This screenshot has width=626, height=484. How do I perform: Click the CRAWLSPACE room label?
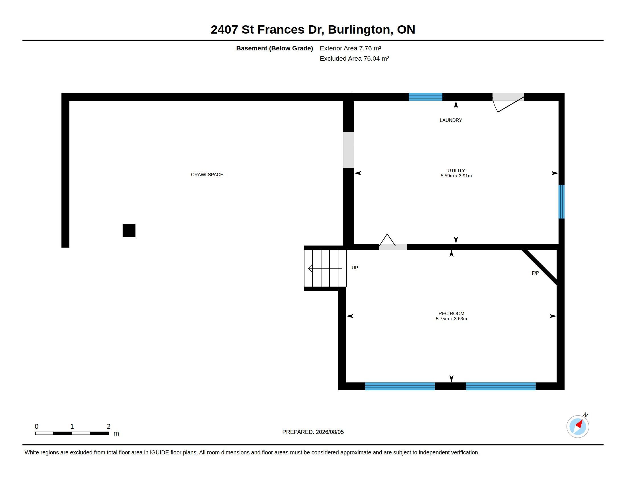pyautogui.click(x=207, y=175)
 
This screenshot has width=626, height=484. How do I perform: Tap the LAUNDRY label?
pyautogui.click(x=451, y=120)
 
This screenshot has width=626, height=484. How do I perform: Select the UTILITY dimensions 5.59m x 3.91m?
pyautogui.click(x=456, y=176)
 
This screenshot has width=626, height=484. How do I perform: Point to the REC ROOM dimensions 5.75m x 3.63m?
pyautogui.click(x=451, y=319)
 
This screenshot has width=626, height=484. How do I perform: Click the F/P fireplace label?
pyautogui.click(x=535, y=273)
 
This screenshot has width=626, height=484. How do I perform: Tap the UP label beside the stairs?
pyautogui.click(x=355, y=268)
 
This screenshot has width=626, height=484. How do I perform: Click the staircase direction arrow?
pyautogui.click(x=325, y=268)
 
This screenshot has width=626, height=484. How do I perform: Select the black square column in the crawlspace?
pyautogui.click(x=129, y=231)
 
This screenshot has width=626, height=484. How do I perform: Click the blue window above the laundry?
pyautogui.click(x=425, y=97)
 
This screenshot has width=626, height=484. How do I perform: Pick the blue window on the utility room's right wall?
pyautogui.click(x=561, y=202)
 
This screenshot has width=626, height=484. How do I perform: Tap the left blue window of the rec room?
pyautogui.click(x=400, y=386)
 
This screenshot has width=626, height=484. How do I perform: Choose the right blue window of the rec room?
pyautogui.click(x=501, y=386)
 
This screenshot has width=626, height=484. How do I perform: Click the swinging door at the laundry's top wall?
pyautogui.click(x=508, y=102)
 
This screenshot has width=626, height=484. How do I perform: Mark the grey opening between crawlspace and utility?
pyautogui.click(x=349, y=150)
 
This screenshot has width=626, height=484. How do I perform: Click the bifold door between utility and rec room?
pyautogui.click(x=392, y=243)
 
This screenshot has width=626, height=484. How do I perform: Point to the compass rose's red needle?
pyautogui.click(x=579, y=424)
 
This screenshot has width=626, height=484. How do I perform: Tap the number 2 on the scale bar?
pyautogui.click(x=108, y=426)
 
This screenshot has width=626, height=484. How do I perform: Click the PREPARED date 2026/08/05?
pyautogui.click(x=330, y=432)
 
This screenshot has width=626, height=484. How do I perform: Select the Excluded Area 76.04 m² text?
pyautogui.click(x=354, y=58)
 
